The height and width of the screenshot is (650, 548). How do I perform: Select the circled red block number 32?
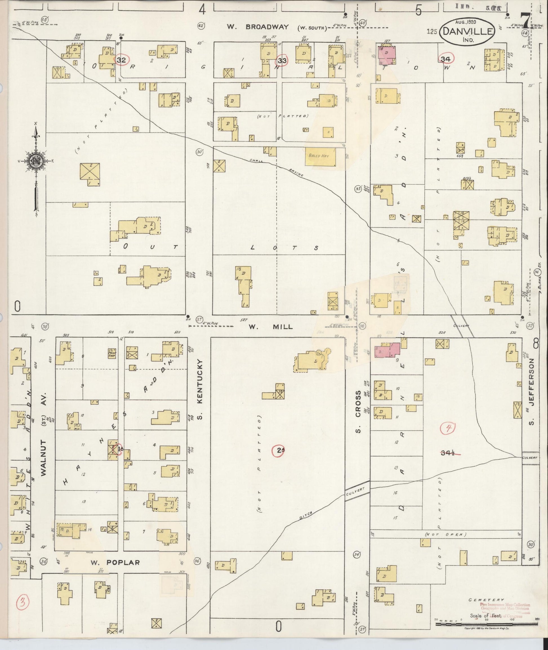pos(121,60)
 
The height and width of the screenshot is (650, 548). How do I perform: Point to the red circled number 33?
pos(282,60)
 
